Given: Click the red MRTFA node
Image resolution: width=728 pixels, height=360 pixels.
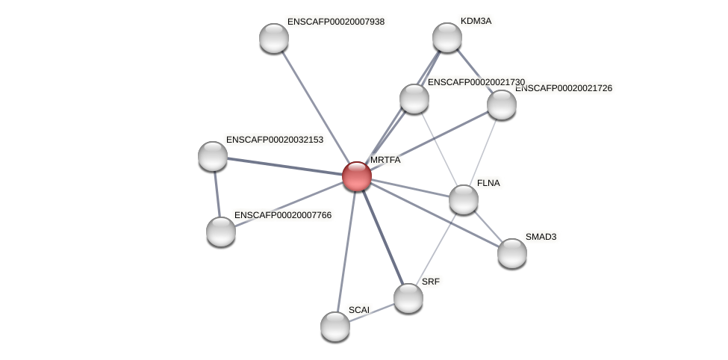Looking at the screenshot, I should (357, 176).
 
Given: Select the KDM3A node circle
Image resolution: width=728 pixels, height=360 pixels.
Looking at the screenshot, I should (447, 37).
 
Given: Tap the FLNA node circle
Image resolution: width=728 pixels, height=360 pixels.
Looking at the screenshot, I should (464, 199).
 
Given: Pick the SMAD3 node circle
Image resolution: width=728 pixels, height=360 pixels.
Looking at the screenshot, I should (512, 252).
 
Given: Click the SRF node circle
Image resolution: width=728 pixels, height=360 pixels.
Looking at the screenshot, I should (408, 298).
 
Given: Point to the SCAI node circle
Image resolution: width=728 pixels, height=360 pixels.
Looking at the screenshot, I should (335, 326).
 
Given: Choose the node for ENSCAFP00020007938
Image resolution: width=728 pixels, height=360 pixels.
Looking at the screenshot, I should (274, 38).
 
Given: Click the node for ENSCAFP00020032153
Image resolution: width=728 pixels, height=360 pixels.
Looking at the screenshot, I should (213, 156).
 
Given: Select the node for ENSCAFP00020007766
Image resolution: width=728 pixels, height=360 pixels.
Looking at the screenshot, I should (221, 232).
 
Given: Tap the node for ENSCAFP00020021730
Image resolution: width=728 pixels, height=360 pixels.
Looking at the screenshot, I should (414, 99).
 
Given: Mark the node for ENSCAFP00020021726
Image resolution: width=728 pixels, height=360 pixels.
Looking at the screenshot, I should (502, 105).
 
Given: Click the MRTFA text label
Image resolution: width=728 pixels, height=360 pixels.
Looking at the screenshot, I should (385, 160).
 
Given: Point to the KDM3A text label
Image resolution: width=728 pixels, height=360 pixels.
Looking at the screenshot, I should (476, 21).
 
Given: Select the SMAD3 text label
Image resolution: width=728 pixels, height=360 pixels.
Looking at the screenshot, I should (541, 237).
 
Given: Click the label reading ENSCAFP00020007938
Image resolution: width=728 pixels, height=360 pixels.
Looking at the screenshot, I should (336, 22).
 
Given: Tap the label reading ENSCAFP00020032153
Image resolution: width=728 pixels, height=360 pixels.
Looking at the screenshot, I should (275, 140).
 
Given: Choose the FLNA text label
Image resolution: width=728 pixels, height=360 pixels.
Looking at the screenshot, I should (488, 183).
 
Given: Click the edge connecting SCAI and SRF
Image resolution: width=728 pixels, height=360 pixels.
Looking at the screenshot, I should (372, 312).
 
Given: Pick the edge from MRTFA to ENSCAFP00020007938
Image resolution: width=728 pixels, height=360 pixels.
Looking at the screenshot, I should (315, 107).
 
